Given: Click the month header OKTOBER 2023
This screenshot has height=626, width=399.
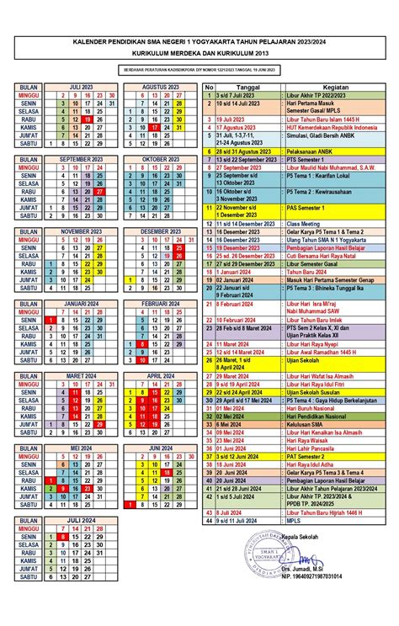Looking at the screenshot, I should coord(156,158).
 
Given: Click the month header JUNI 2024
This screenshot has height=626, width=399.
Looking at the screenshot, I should coord(156,448).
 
